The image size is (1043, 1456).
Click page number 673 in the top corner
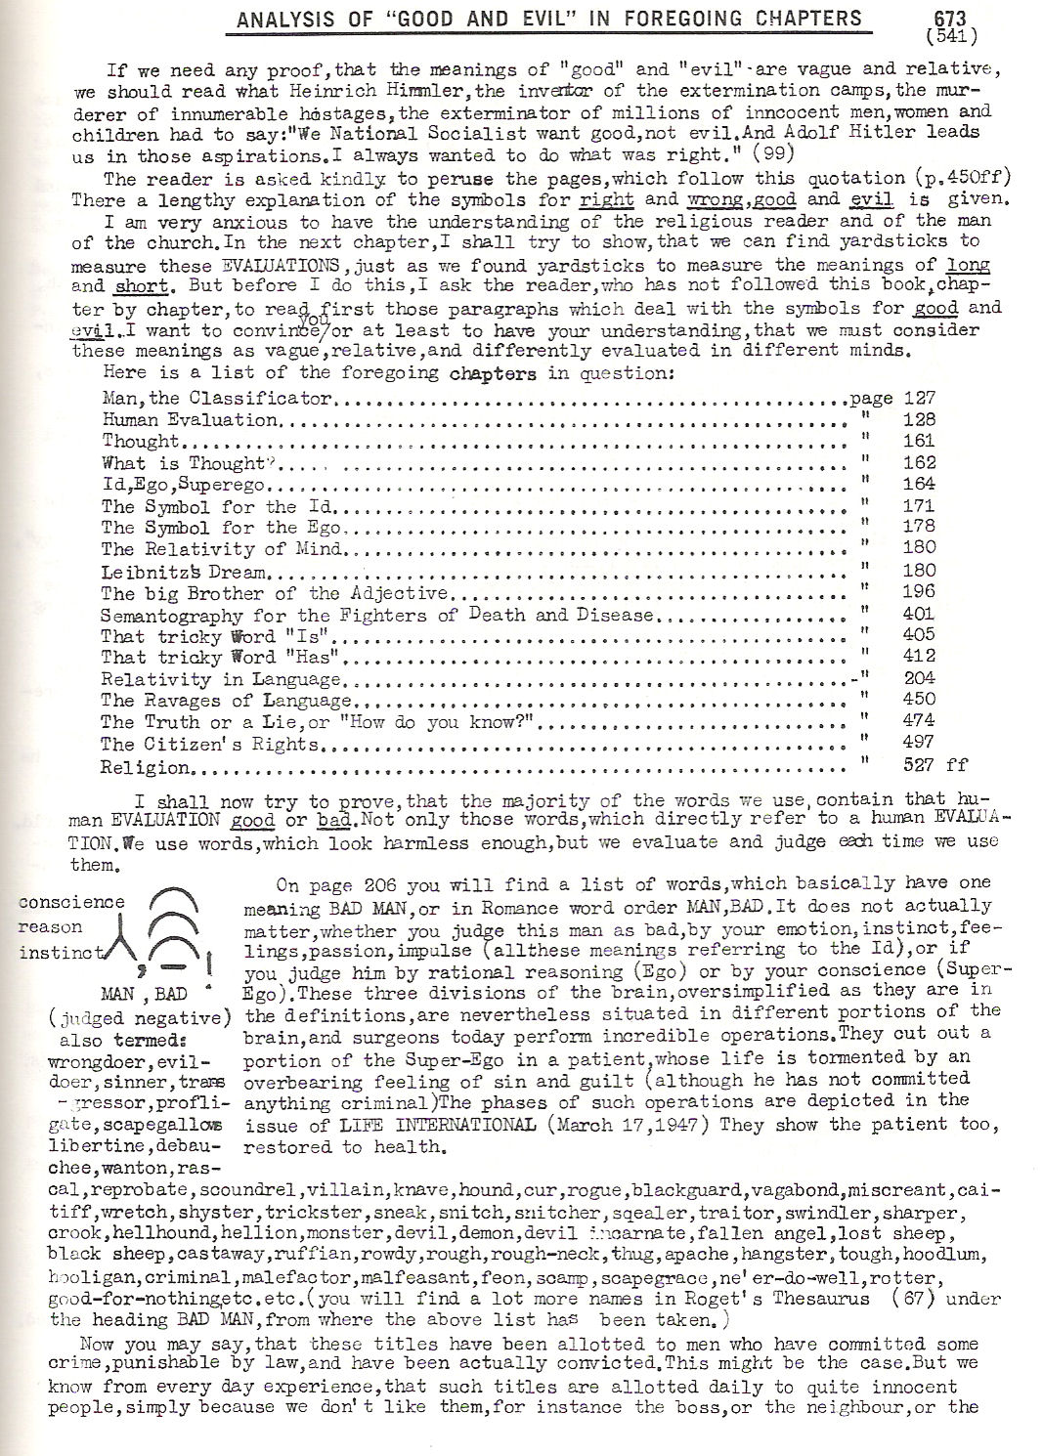tap(941, 17)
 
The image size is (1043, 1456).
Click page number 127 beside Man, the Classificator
tap(920, 398)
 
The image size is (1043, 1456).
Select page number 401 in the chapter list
tap(920, 614)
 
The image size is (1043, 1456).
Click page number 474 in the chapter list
tap(920, 720)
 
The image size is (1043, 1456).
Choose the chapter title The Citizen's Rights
tap(210, 745)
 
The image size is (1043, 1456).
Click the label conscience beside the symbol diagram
tap(72, 902)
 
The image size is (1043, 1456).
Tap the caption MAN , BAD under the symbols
tap(142, 993)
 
